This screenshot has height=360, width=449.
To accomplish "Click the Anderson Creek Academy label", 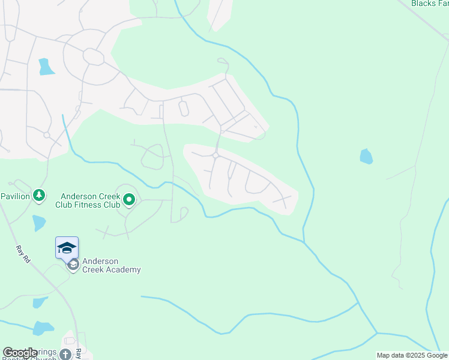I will pyautogui.click(x=112, y=265).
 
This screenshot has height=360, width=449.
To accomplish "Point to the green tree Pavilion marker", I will pyautogui.click(x=39, y=196).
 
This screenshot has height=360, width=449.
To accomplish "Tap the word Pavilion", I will pyautogui.click(x=14, y=196).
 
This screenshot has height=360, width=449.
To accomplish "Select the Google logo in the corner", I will pyautogui.click(x=20, y=353).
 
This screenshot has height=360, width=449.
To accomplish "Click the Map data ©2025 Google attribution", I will pyautogui.click(x=412, y=355).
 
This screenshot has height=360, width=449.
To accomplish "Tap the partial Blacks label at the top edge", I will pyautogui.click(x=430, y=3).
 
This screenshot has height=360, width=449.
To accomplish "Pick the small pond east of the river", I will pyautogui.click(x=366, y=157).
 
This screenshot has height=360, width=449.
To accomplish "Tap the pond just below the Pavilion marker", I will pyautogui.click(x=39, y=223).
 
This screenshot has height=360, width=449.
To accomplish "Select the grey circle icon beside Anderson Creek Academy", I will pyautogui.click(x=73, y=265).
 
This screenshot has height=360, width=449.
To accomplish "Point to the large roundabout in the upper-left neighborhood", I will pyautogui.click(x=94, y=57).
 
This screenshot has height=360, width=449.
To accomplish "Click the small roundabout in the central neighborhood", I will pyautogui.click(x=215, y=156).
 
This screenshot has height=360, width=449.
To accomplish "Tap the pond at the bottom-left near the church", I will pyautogui.click(x=43, y=328).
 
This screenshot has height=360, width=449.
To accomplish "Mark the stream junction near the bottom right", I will pyautogui.click(x=376, y=333).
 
